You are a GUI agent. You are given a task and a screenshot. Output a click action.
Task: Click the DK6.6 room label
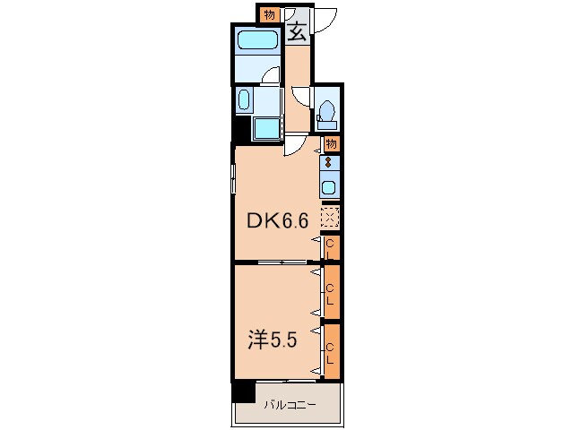278,220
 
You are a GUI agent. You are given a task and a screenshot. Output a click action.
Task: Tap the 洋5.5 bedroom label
273,340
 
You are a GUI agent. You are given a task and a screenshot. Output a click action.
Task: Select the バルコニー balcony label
290,405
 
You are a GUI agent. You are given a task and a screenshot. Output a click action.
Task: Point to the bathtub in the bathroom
257,40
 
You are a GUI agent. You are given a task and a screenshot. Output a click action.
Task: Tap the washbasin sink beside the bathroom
244,99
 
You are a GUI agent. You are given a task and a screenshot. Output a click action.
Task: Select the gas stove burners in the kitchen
329,162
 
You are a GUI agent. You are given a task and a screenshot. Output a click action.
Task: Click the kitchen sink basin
329,187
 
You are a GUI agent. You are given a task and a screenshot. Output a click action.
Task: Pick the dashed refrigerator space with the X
330,218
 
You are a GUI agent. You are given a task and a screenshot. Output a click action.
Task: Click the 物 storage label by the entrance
269,15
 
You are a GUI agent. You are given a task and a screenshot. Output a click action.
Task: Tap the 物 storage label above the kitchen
331,144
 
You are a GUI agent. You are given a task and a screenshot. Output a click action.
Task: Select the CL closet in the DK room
332,247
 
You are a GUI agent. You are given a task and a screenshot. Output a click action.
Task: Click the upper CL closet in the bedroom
332,292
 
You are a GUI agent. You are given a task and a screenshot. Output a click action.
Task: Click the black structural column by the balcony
243,391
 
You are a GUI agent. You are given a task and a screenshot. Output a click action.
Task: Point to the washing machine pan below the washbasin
267,129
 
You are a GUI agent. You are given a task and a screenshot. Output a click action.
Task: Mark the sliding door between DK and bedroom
282,262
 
